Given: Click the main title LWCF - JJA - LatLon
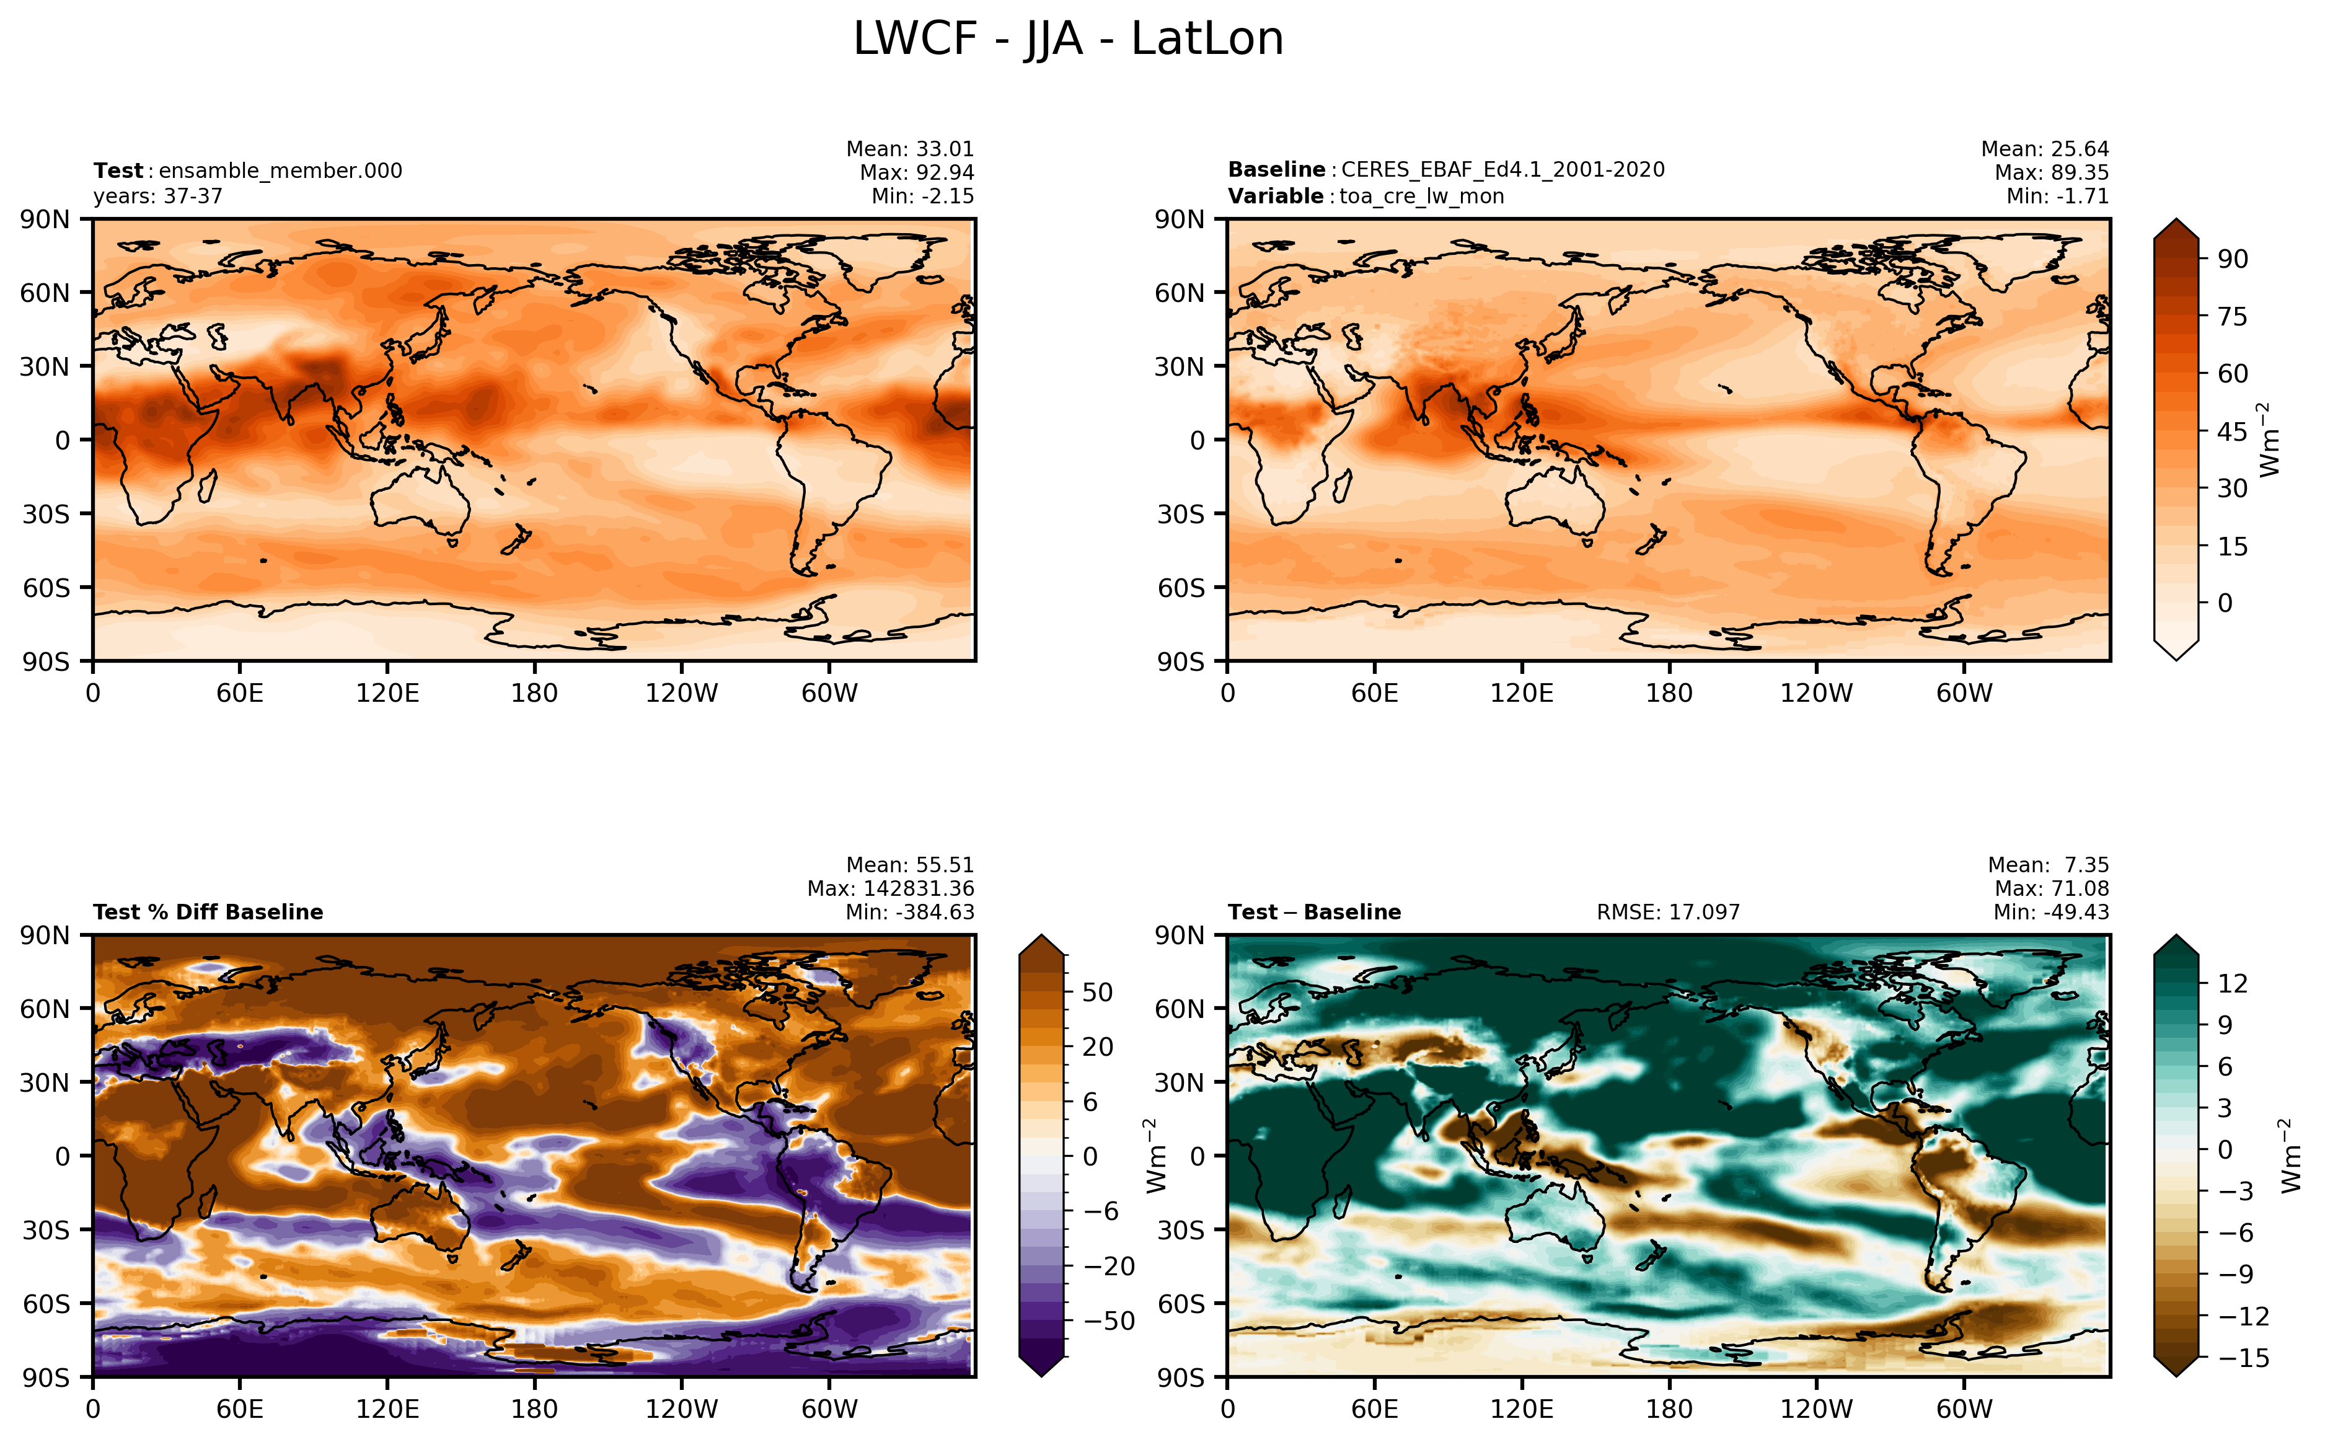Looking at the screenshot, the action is coord(1067,39).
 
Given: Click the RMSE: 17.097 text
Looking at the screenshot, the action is coord(1667,912).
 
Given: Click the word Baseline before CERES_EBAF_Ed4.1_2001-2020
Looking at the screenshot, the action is coord(1276,170).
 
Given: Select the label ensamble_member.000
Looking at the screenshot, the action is coord(280,170).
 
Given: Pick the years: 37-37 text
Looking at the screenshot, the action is coord(157,197).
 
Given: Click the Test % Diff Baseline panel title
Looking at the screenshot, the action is coord(208,912).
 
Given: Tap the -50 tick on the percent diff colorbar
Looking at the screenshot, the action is coord(1110,1321).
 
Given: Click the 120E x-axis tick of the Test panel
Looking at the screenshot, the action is coord(387,693).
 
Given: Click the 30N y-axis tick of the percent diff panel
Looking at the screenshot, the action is coord(45,1082).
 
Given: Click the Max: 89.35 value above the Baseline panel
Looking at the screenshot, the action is coord(2052,172).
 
